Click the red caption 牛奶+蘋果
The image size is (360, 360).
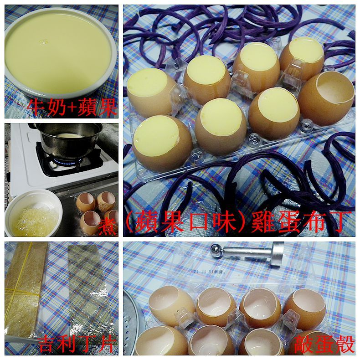click(x=72, y=107)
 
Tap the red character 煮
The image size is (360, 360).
click(x=108, y=226)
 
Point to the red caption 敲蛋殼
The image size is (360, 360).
click(x=324, y=344)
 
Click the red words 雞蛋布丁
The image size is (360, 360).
click(x=301, y=221)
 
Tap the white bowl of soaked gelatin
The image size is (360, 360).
click(x=34, y=213)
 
